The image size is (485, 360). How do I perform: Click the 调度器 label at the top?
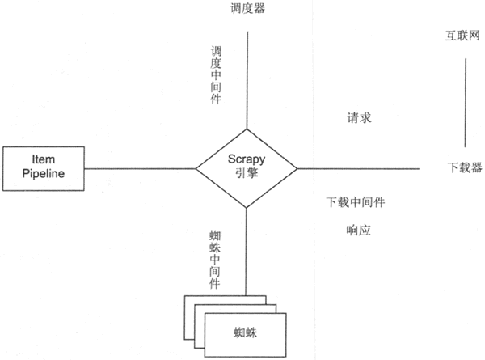(247, 9)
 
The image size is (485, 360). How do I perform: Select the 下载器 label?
(465, 168)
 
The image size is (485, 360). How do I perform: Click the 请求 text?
(357, 118)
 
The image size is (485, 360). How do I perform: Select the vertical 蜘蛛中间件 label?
(215, 257)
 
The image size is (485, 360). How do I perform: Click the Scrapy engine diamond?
(247, 168)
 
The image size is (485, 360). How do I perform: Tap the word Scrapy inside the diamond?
(247, 161)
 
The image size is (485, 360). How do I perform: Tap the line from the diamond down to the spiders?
(246, 251)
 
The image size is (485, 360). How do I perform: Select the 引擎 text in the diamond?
(247, 176)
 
